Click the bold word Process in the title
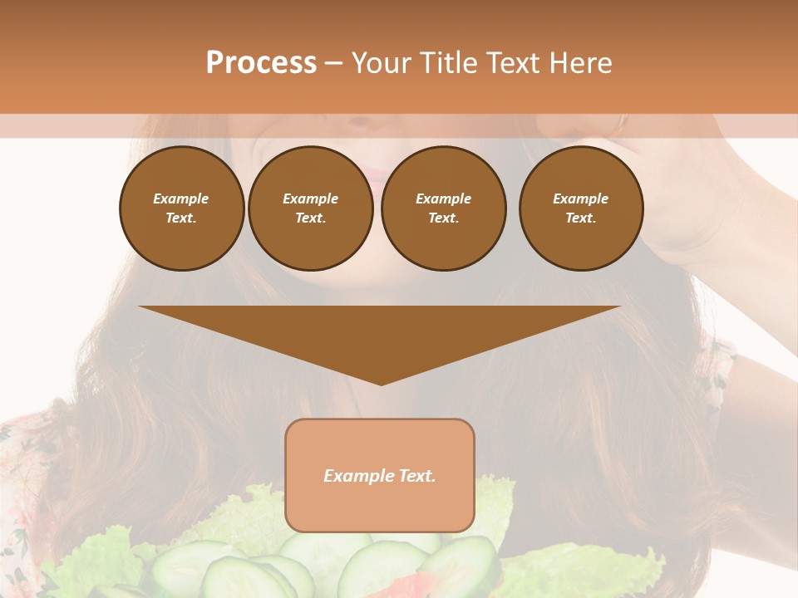(261, 63)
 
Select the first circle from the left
(181, 208)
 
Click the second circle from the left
(311, 208)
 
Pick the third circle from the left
(444, 208)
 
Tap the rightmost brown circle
(581, 208)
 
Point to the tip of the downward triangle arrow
(381, 383)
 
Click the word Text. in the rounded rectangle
(416, 476)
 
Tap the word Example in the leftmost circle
(181, 199)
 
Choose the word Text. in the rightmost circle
(581, 218)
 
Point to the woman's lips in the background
(375, 179)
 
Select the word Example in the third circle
(444, 199)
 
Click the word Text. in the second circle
(311, 218)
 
